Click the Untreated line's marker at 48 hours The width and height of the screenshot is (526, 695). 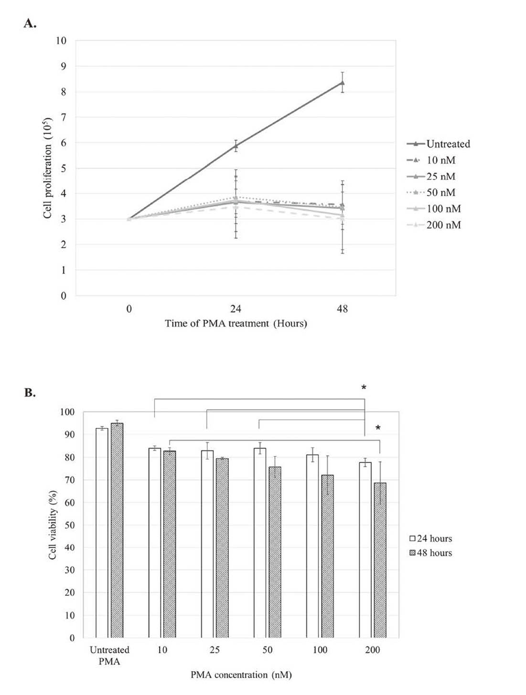coord(342,83)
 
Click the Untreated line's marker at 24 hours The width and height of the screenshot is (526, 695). coord(236,146)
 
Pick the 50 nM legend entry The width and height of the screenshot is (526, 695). coord(431,192)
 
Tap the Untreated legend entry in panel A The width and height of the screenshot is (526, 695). coord(438,144)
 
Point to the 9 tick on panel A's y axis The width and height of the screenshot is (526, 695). coord(64,66)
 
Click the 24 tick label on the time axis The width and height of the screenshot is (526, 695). coord(236,309)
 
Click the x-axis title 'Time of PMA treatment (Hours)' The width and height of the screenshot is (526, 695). coord(236,324)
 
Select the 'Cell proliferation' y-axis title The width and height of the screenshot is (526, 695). coord(47,168)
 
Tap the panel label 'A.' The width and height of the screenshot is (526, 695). coord(30,23)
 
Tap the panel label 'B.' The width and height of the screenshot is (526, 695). coord(30,393)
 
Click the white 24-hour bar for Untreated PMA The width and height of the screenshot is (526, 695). coord(102,533)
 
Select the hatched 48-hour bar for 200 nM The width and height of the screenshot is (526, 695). coord(380,560)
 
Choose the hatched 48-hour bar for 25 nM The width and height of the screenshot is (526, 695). coord(222,548)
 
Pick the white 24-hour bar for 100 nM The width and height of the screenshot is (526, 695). coord(312,546)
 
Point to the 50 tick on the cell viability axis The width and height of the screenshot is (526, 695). coord(70,525)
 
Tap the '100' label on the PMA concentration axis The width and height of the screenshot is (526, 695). coord(320,650)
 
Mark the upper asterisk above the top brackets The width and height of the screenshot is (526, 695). coord(364,387)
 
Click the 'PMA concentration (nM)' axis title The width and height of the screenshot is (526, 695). coord(241,674)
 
